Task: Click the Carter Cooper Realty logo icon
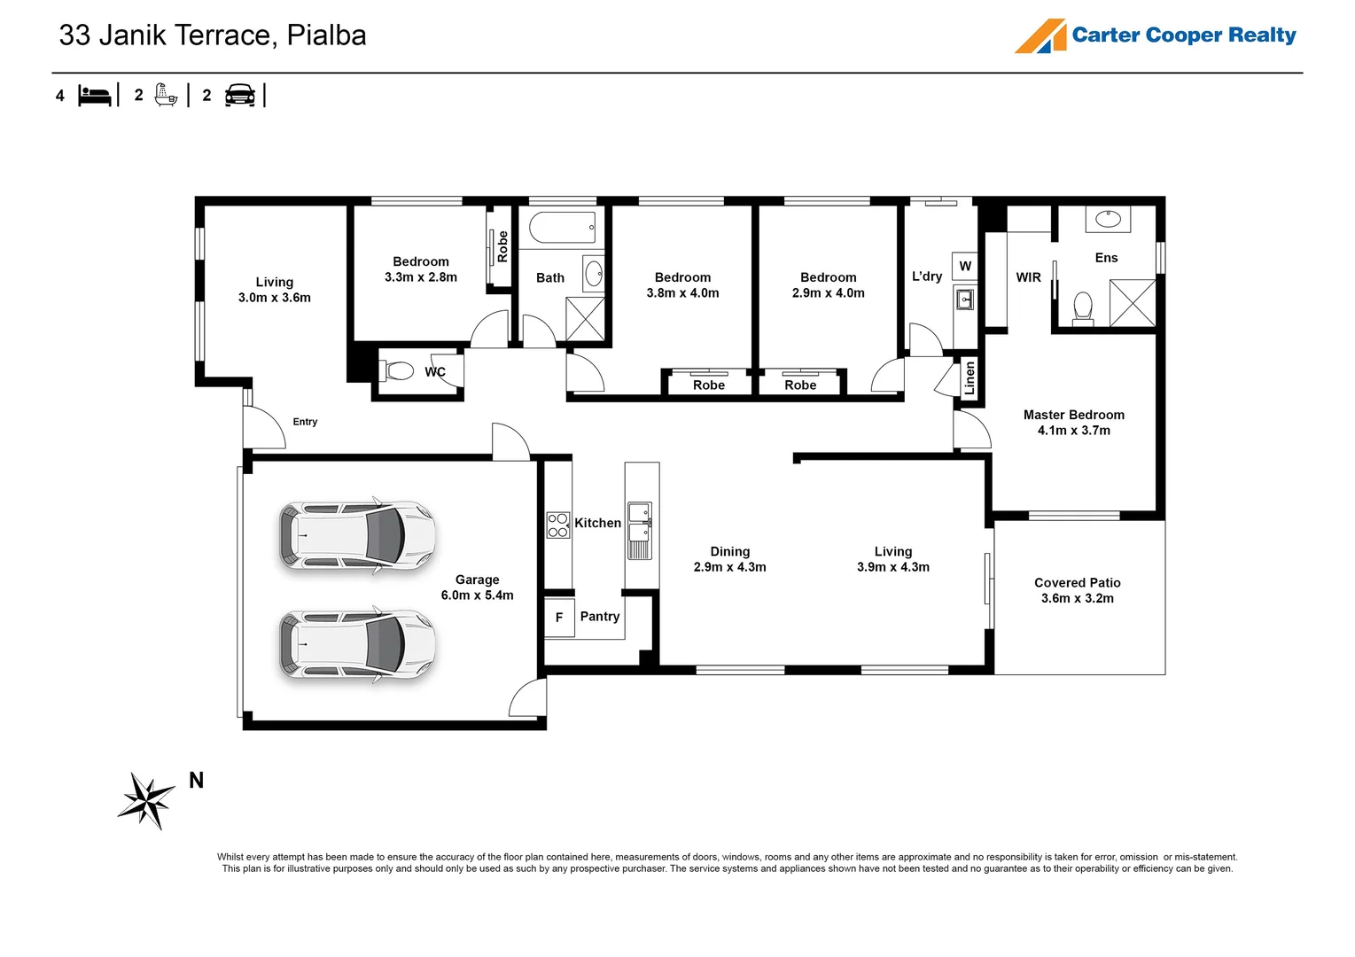click(x=1040, y=36)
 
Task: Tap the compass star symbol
click(x=146, y=800)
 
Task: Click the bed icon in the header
click(x=94, y=95)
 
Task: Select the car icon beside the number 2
click(x=240, y=95)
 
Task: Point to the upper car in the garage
click(x=357, y=535)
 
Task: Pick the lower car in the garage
click(x=357, y=644)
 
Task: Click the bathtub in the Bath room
click(x=563, y=228)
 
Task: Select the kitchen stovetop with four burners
click(x=557, y=525)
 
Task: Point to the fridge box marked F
click(x=559, y=618)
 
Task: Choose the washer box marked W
click(x=965, y=266)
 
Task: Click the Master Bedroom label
click(x=1073, y=415)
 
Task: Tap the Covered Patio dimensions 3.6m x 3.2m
click(x=1077, y=598)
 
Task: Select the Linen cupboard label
click(x=970, y=378)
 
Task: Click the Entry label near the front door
click(x=305, y=422)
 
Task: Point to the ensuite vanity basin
click(x=1107, y=218)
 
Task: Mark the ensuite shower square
click(x=1133, y=303)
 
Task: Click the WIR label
click(x=1028, y=277)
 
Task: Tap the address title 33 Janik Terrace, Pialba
click(x=213, y=35)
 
